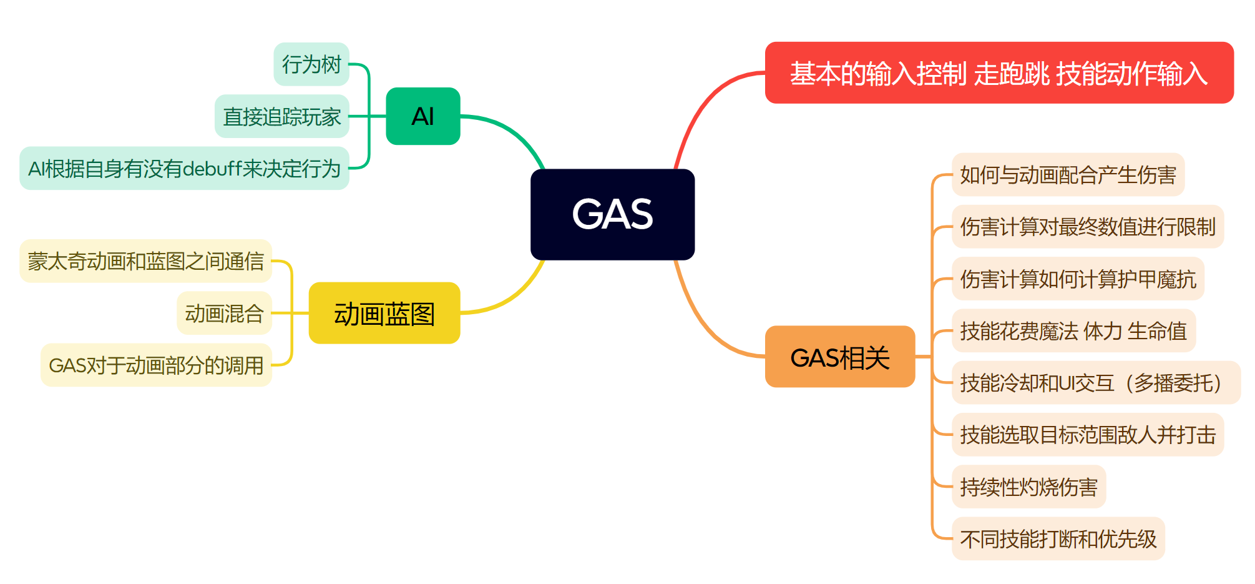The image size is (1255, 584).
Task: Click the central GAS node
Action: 612,214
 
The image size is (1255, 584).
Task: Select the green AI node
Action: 423,116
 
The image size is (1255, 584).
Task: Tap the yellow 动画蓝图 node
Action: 384,313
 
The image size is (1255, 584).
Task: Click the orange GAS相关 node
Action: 840,357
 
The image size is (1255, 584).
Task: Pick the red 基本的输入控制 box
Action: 999,73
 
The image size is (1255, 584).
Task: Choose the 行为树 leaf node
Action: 311,64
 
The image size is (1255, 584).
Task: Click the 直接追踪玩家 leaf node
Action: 282,117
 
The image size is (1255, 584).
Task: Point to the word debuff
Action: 212,169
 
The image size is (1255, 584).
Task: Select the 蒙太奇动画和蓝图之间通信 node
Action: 146,261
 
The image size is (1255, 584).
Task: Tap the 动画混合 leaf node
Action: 225,313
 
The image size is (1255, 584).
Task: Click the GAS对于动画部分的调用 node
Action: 156,365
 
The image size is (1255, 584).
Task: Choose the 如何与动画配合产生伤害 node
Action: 1068,175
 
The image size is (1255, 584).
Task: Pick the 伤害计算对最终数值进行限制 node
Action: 1088,227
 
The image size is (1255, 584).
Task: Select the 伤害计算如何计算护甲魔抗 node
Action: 1078,279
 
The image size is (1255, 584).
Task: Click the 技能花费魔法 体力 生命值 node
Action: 1073,330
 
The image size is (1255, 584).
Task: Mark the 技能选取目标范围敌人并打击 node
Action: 1088,435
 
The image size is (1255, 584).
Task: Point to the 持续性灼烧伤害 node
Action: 1028,487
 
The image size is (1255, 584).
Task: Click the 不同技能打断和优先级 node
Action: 1058,538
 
